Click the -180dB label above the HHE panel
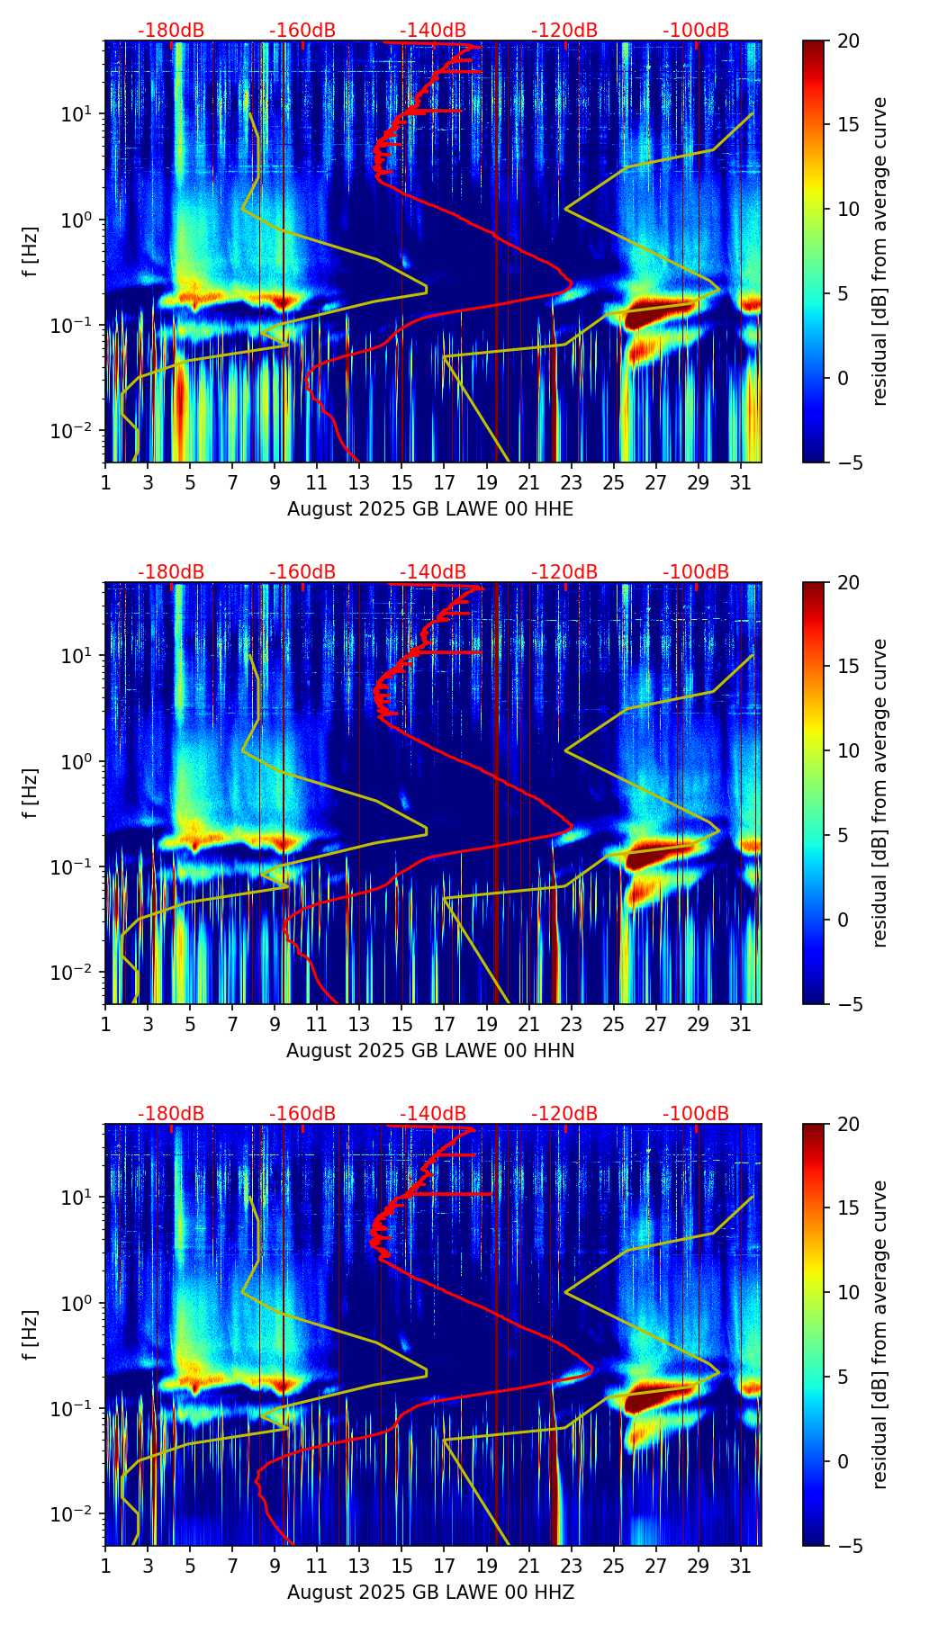(171, 31)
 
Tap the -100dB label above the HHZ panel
(696, 1114)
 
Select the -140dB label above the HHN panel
(433, 572)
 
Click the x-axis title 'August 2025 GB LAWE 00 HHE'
(430, 509)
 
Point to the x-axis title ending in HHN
(430, 1051)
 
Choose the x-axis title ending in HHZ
(430, 1593)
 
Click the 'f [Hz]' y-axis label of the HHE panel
(30, 252)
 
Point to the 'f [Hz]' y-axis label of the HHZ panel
(30, 1335)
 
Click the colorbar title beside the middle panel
(880, 793)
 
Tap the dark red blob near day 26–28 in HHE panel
(656, 315)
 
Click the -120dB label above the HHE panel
(564, 31)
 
